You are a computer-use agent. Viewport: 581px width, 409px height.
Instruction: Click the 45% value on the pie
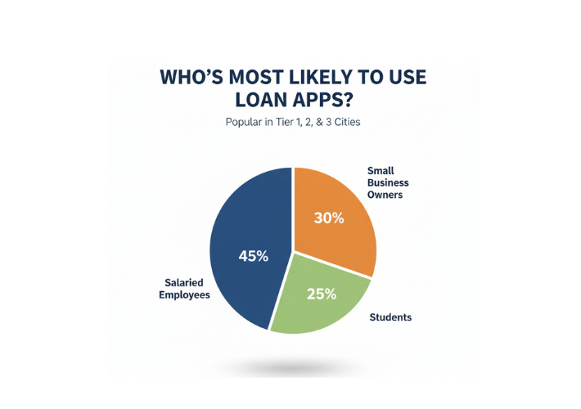(x=253, y=256)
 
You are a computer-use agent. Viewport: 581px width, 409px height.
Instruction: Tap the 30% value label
(x=329, y=218)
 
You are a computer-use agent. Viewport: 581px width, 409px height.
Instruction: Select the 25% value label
(x=321, y=294)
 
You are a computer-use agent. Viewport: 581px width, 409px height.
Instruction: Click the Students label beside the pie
(x=390, y=317)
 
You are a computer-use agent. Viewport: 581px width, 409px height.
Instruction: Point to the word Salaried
(x=184, y=281)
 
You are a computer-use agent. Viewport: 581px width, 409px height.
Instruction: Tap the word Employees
(x=184, y=294)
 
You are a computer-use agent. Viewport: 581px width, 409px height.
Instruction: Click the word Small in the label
(x=381, y=171)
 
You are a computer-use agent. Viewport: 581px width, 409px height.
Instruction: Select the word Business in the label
(x=388, y=183)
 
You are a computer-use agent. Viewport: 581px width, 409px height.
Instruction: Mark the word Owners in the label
(x=385, y=196)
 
